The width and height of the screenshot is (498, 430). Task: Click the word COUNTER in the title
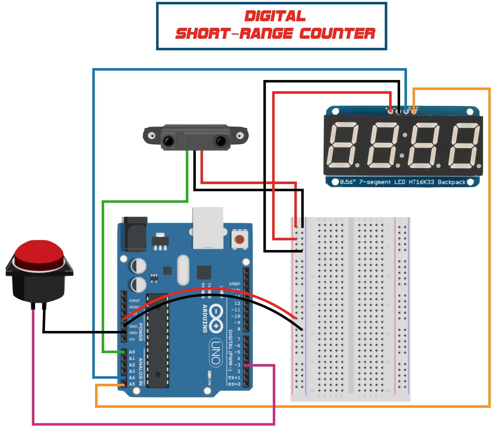point(337,33)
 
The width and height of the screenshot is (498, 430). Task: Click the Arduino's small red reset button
point(239,240)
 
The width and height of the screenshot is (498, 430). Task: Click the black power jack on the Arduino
point(136,234)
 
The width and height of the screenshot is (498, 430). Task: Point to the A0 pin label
point(132,352)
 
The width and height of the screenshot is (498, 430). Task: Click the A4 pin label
point(132,377)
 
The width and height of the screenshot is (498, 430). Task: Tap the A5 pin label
point(132,384)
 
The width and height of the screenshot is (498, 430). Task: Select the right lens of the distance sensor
point(221,141)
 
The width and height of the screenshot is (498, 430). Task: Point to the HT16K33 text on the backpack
point(421,182)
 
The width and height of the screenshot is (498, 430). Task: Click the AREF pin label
point(234,284)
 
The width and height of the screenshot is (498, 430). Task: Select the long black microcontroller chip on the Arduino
point(158,341)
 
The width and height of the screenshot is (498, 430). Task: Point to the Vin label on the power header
point(132,339)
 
